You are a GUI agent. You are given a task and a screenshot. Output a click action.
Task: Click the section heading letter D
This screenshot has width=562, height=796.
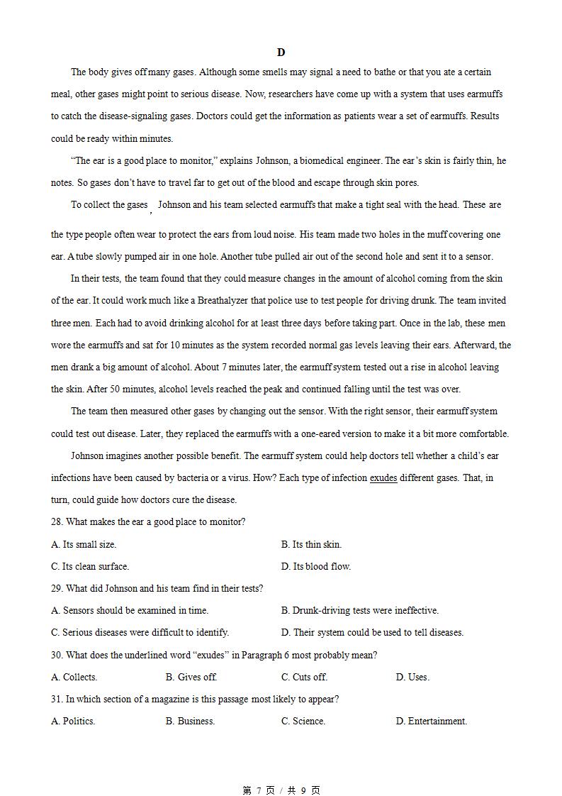click(281, 52)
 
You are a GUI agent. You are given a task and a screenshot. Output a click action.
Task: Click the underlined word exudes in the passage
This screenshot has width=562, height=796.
click(383, 478)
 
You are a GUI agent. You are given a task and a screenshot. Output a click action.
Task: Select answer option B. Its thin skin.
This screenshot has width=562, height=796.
click(311, 545)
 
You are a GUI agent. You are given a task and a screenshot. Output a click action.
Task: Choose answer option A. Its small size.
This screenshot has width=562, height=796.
click(84, 545)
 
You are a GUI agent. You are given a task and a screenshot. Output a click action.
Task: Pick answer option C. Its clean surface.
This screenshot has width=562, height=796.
click(90, 567)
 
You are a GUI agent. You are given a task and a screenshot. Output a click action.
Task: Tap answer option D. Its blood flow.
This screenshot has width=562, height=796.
click(315, 567)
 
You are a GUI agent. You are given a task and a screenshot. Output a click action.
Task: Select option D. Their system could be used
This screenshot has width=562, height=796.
click(372, 633)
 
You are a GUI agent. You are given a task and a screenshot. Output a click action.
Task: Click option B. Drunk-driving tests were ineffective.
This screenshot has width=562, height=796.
click(359, 611)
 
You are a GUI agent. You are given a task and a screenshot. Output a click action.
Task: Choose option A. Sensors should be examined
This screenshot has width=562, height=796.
click(130, 611)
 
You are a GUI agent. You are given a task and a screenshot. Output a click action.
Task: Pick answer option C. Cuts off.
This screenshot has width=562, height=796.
click(304, 678)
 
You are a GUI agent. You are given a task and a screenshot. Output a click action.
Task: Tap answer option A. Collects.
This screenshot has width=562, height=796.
click(74, 678)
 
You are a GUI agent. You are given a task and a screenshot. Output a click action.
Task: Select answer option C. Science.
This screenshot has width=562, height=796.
click(303, 722)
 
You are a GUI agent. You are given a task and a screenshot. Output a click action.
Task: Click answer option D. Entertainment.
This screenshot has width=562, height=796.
click(431, 722)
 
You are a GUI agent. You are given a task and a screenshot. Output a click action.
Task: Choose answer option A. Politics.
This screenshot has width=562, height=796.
click(73, 722)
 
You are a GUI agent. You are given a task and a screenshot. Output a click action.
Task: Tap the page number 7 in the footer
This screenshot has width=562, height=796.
click(259, 790)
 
